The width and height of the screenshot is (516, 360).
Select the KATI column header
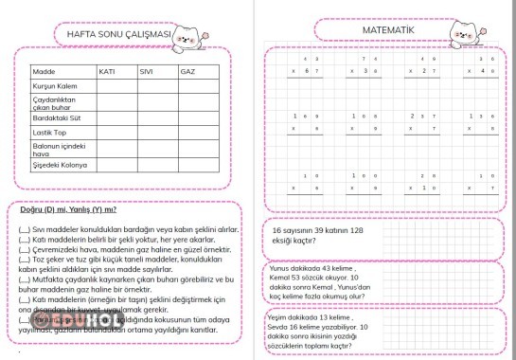point(107,71)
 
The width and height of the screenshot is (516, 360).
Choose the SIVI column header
point(147,71)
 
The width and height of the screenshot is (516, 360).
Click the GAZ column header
point(187,71)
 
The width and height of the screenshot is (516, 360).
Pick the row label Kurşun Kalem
point(53,86)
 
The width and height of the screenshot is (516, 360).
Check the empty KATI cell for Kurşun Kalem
point(116,86)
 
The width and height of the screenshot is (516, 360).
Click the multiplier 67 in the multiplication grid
point(305,71)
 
